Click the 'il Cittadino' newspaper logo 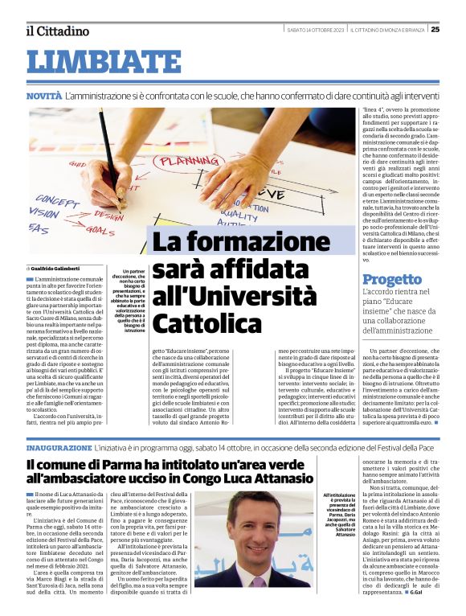coord(57,31)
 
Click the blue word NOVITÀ coord(43,96)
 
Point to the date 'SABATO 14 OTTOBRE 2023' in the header coord(315,30)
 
